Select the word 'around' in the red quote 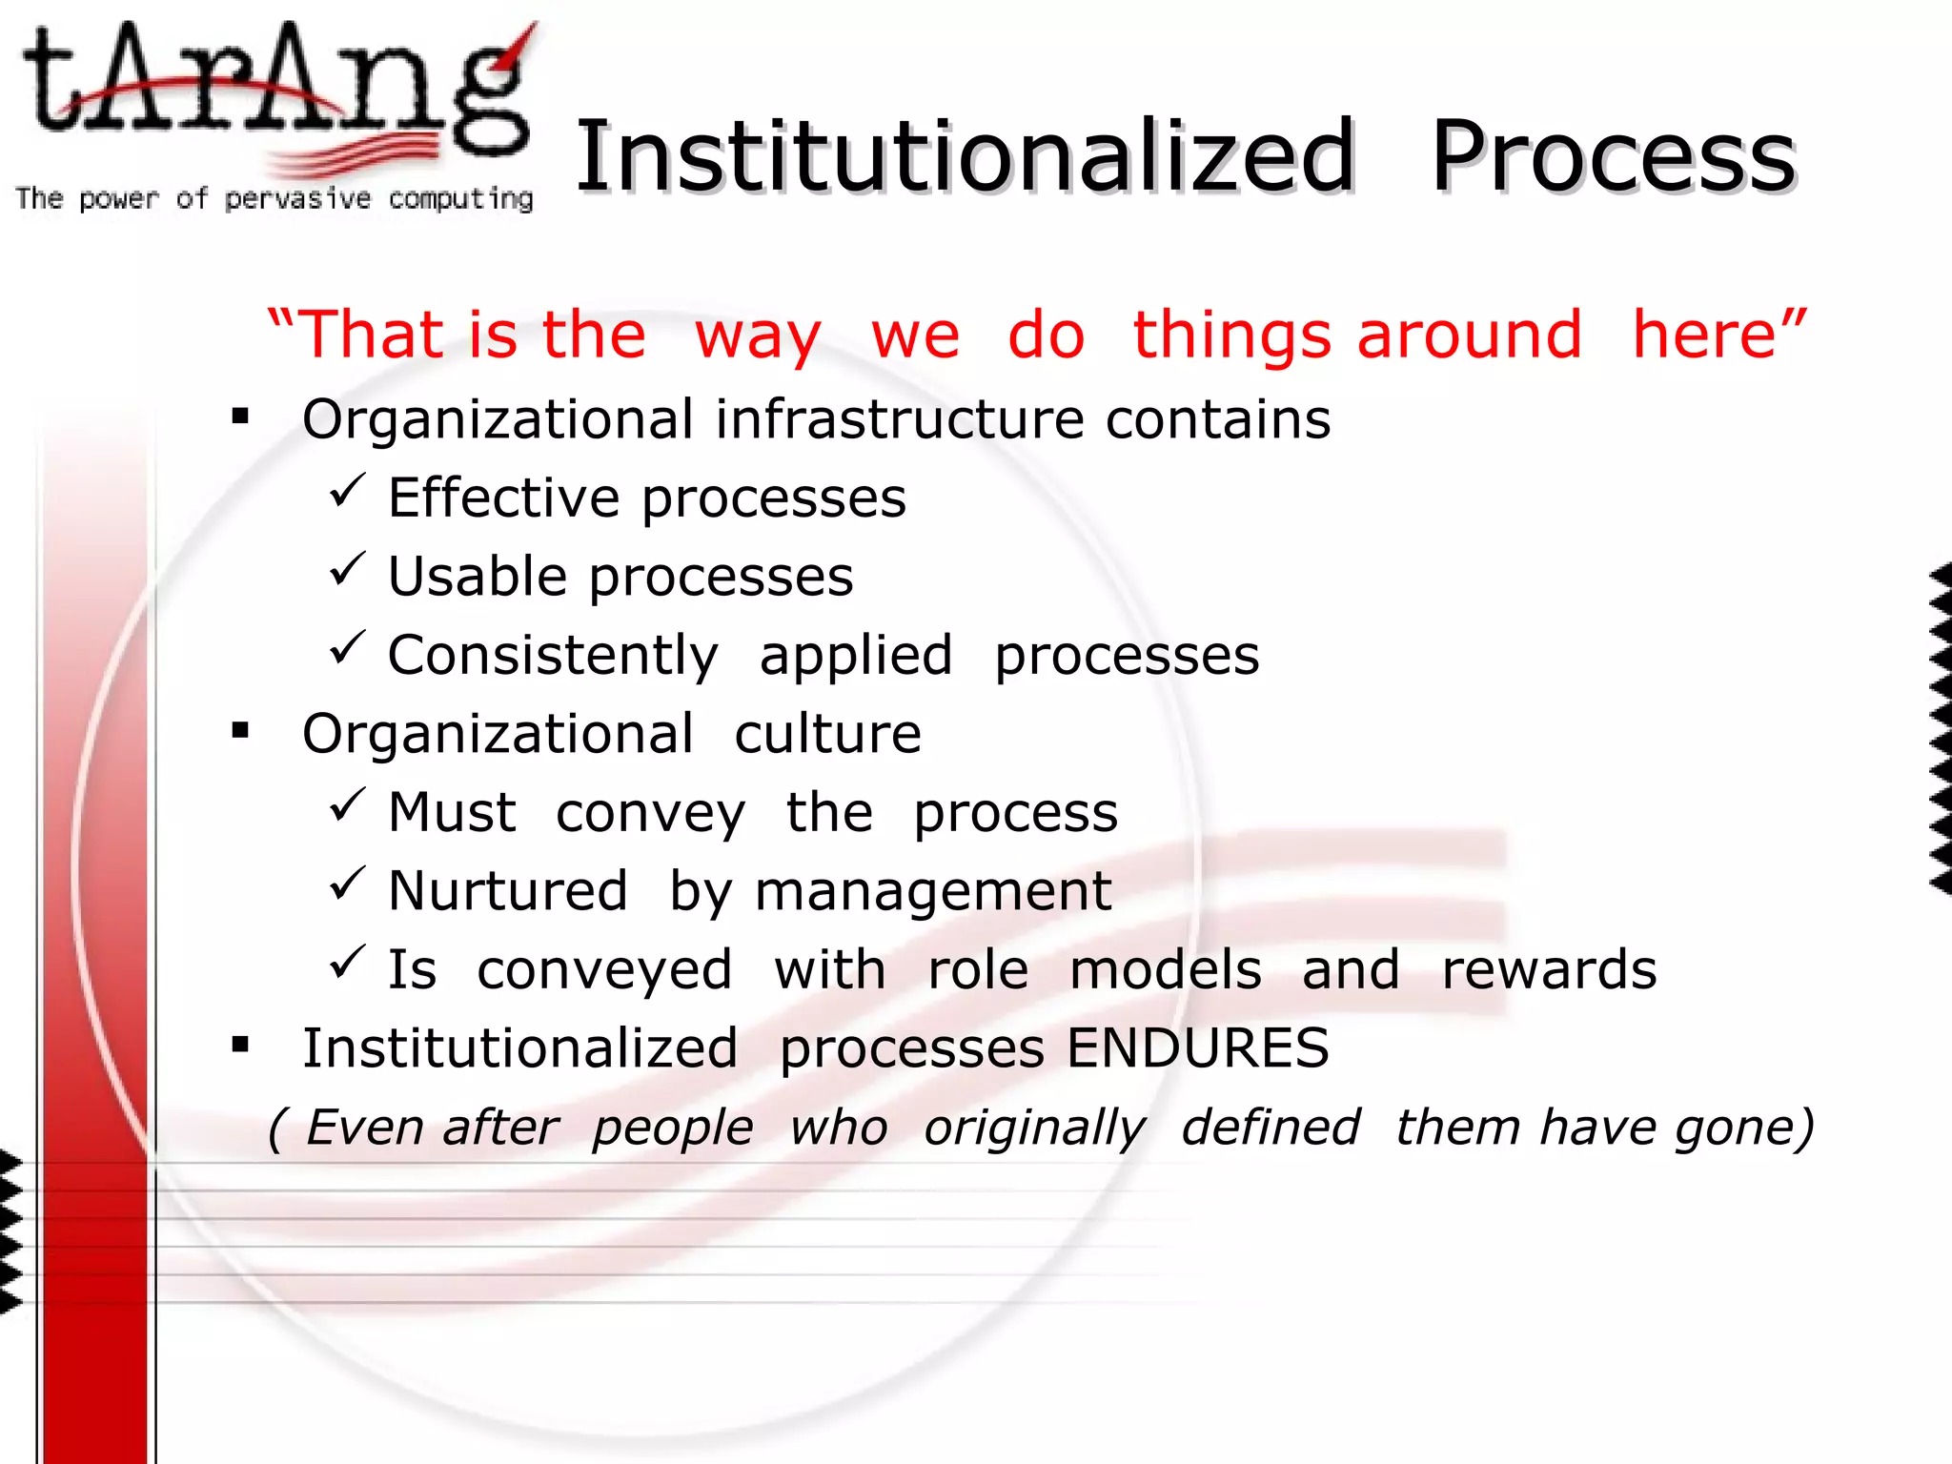1469,335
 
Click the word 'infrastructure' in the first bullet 900,419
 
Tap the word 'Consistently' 553,656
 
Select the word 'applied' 856,656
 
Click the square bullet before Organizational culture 240,732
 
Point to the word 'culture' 827,734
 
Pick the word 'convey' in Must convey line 650,813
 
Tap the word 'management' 932,892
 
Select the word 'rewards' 1549,970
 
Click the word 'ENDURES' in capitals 1197,1048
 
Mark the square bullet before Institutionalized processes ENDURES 240,1047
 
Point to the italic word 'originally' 1034,1128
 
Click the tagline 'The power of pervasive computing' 274,198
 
